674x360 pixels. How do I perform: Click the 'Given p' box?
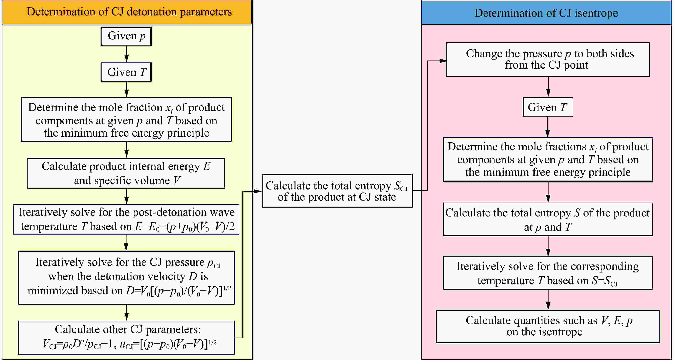point(126,36)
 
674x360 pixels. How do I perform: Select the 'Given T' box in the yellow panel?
point(126,72)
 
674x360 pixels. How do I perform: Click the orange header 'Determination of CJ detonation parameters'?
point(127,12)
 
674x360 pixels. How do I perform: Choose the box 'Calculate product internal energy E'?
point(126,173)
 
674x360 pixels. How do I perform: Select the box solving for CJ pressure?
point(126,278)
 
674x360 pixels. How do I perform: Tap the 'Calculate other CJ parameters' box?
point(126,338)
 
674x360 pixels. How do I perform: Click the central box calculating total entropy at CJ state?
point(337,191)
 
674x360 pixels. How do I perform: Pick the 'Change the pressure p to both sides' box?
point(548,60)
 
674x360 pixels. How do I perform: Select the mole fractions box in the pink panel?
point(548,159)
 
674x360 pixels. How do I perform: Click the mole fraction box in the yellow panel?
point(126,120)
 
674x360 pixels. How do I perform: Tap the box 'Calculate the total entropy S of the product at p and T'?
point(548,219)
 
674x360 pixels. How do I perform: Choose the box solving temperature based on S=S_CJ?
point(548,273)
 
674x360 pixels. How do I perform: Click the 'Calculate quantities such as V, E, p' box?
point(548,326)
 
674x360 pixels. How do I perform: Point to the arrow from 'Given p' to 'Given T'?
point(127,54)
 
